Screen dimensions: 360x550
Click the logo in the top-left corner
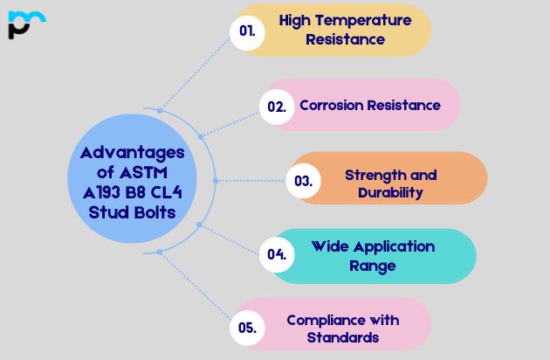(x=25, y=24)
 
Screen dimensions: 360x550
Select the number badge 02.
(x=277, y=107)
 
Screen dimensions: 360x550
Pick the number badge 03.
(x=303, y=182)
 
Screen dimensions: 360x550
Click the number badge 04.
(x=277, y=255)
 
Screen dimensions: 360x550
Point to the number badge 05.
(x=247, y=329)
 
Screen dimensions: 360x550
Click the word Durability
(x=390, y=192)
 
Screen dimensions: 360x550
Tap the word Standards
(x=347, y=337)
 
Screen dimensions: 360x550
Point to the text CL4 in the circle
(x=166, y=191)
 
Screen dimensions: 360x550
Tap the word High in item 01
(x=298, y=20)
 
